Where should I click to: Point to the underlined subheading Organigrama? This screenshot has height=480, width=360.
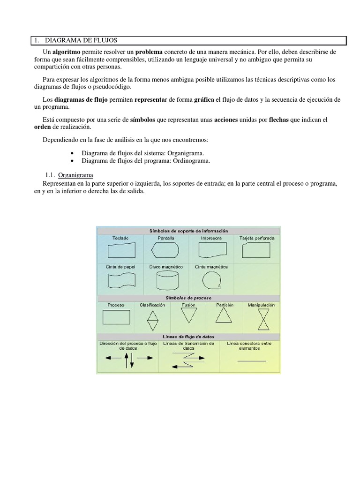click(x=75, y=175)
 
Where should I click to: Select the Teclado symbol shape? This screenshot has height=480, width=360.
click(x=120, y=251)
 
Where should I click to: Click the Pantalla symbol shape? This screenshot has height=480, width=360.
click(x=165, y=251)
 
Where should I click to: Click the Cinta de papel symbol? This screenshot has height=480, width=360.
click(x=120, y=280)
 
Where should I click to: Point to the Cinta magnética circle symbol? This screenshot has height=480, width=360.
click(x=211, y=280)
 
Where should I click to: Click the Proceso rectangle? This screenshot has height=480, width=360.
click(x=116, y=318)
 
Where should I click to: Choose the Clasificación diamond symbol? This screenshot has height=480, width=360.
click(x=152, y=321)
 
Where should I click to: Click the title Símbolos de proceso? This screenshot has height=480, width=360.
click(x=188, y=298)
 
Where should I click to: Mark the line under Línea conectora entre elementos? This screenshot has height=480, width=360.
click(x=252, y=361)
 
